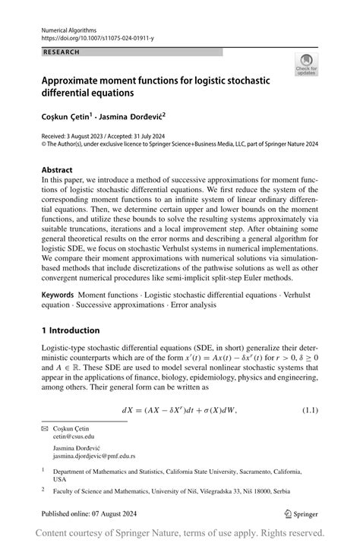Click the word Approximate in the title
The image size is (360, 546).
coord(77,78)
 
